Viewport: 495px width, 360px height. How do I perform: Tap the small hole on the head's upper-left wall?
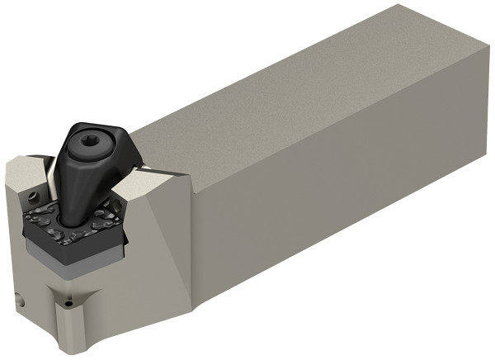[33, 197]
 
